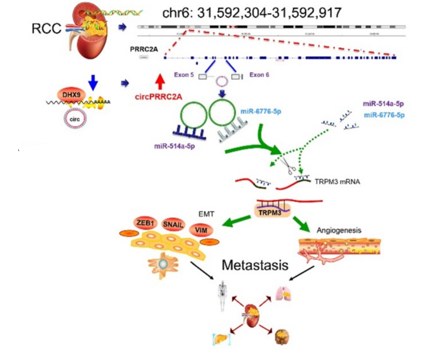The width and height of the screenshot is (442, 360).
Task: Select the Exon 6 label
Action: [259, 75]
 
